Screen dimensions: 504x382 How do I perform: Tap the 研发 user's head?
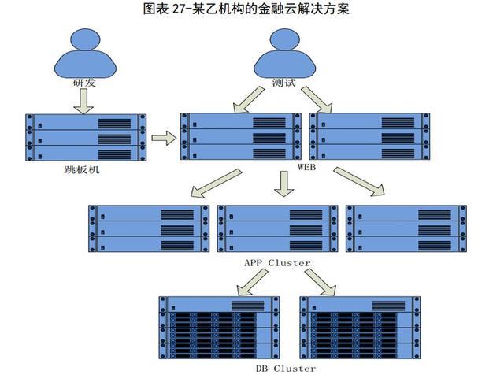tap(85, 39)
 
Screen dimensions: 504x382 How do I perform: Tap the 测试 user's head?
tap(285, 39)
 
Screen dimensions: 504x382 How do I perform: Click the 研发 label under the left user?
tap(84, 83)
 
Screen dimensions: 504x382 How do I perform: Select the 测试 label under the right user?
tap(283, 83)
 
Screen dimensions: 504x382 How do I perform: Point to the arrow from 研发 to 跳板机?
tap(83, 102)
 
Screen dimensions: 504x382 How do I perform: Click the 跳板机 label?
tap(82, 169)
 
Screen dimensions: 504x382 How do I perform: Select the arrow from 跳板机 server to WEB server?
tap(164, 138)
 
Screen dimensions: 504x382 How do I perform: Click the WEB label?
tap(306, 167)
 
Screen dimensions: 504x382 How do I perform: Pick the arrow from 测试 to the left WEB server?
tap(249, 100)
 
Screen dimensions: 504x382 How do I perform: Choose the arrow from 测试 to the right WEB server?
tap(317, 100)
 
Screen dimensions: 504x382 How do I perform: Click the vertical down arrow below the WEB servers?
tap(283, 184)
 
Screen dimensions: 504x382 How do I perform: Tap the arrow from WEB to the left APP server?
tap(216, 183)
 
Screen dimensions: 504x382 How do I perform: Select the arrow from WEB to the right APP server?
tap(359, 181)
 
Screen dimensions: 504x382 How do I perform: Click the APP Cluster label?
tap(277, 263)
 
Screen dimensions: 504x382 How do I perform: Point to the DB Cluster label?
tap(286, 369)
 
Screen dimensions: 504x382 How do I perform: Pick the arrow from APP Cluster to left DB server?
tap(252, 282)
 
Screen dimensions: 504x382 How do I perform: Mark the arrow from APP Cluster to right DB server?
tap(321, 282)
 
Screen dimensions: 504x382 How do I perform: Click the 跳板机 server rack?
tap(86, 137)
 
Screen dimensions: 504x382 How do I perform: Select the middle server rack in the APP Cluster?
tap(277, 228)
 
